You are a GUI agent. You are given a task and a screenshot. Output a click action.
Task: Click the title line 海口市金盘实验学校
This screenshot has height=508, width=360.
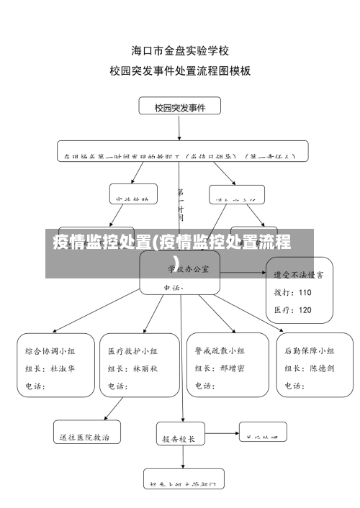point(180,51)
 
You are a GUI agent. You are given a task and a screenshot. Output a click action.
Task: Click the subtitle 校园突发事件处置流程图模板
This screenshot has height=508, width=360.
point(180,71)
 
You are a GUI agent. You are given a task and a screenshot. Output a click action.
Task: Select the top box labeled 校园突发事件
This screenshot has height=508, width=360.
point(180,107)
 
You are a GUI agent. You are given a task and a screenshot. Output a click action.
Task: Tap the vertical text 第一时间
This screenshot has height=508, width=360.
point(180,204)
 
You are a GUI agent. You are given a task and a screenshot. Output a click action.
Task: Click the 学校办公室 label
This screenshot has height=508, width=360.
point(189,268)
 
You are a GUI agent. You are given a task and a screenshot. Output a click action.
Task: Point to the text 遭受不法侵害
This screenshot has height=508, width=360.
point(298,274)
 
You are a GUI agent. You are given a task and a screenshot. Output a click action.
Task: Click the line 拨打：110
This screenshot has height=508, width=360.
point(292,292)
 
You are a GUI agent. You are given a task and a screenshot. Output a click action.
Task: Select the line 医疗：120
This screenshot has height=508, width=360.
point(292,310)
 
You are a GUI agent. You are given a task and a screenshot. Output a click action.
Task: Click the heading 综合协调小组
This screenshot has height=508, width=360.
point(50,351)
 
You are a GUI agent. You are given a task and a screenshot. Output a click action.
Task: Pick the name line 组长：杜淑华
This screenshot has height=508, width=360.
point(50,368)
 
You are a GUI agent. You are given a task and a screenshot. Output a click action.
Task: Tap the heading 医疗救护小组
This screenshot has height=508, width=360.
point(132,351)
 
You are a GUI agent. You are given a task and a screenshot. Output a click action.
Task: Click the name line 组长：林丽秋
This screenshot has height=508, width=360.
point(132,368)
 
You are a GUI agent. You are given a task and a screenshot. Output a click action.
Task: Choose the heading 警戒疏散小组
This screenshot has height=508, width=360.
point(220,351)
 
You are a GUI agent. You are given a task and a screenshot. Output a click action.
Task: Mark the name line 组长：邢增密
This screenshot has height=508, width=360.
point(220,368)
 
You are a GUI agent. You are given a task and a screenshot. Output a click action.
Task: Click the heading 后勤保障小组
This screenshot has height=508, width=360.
point(309,351)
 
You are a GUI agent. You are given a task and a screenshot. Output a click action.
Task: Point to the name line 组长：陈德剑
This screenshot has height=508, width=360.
point(309,368)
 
